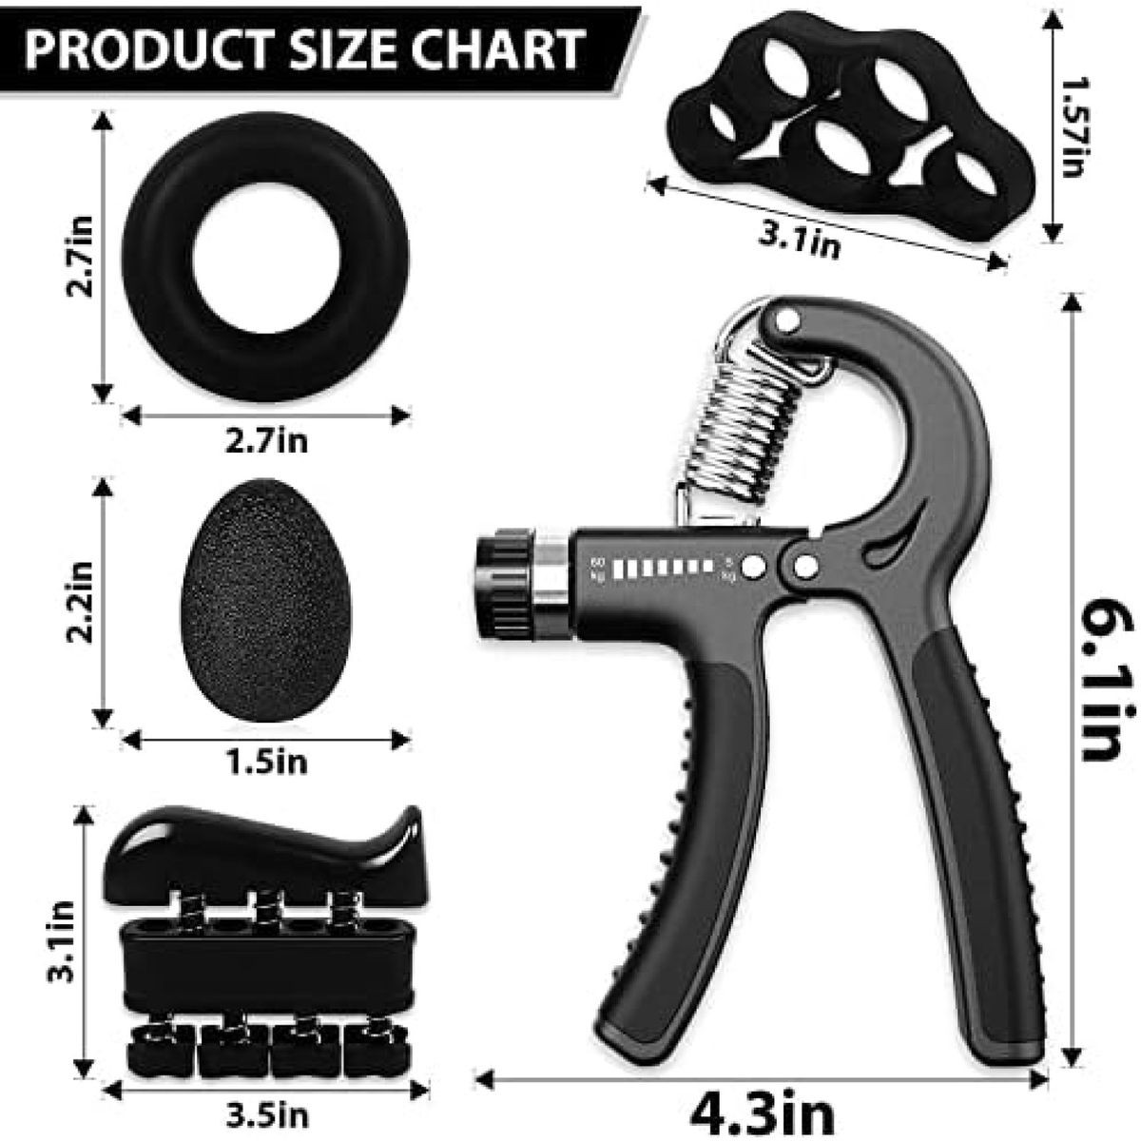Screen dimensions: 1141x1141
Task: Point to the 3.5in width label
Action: coord(266,1114)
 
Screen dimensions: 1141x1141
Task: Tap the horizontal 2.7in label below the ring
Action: coord(266,441)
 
